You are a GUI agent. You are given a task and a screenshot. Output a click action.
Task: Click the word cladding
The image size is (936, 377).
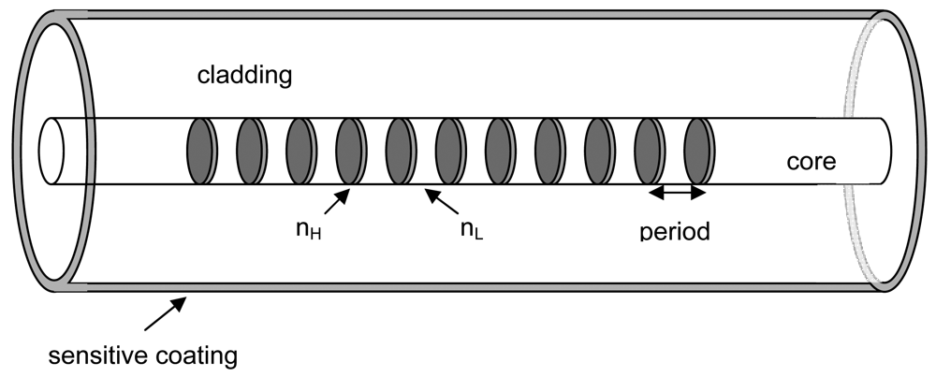pos(244,76)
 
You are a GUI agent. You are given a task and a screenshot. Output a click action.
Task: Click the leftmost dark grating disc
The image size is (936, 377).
pos(199,152)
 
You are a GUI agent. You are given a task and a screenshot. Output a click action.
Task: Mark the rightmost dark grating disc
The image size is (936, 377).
pos(697,152)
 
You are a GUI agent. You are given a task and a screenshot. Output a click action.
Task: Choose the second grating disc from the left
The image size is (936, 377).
pos(249,152)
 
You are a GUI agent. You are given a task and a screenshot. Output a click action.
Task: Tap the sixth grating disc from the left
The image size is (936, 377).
pos(448,152)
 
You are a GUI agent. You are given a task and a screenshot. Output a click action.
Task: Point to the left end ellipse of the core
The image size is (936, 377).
pos(51,152)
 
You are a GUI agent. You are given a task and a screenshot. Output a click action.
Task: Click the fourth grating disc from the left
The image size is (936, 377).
pos(348,152)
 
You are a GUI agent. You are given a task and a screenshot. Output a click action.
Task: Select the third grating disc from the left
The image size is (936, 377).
pos(299,152)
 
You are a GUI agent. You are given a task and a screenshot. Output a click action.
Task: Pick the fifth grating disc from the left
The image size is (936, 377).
pos(398,152)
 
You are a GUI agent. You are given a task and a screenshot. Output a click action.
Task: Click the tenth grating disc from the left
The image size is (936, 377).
pos(648,152)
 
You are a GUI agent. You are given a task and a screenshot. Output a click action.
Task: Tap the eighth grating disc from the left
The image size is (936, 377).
pos(548,152)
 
